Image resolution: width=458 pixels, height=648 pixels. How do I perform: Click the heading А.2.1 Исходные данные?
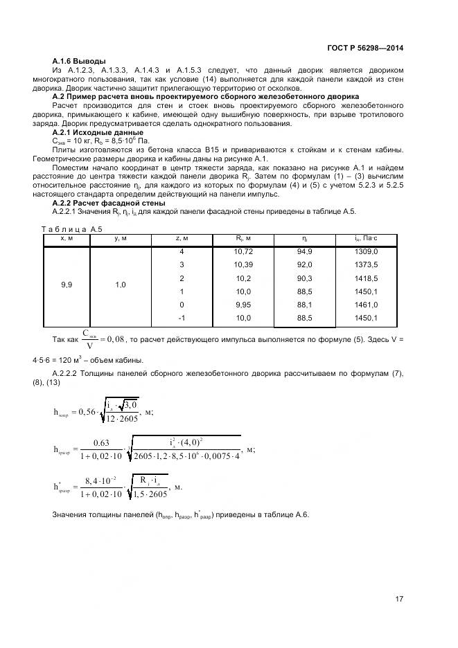(x=98, y=132)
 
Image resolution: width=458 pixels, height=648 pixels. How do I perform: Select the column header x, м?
(x=67, y=239)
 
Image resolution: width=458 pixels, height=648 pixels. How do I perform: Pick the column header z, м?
(x=182, y=239)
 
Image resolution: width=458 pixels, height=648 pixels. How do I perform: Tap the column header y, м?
(x=120, y=239)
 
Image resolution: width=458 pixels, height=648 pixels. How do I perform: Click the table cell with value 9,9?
(x=67, y=285)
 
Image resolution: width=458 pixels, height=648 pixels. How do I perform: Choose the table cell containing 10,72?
(x=243, y=252)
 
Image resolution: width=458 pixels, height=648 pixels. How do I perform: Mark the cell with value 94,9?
(x=305, y=252)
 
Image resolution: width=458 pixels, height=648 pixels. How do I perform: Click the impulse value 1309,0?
(x=367, y=252)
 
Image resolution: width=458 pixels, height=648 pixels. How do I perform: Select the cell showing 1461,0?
(x=367, y=305)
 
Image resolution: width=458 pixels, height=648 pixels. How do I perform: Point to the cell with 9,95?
(x=243, y=305)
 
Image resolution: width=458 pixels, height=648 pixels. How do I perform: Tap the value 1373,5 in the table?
(x=367, y=265)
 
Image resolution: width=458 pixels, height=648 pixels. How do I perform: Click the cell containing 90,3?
(x=305, y=278)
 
